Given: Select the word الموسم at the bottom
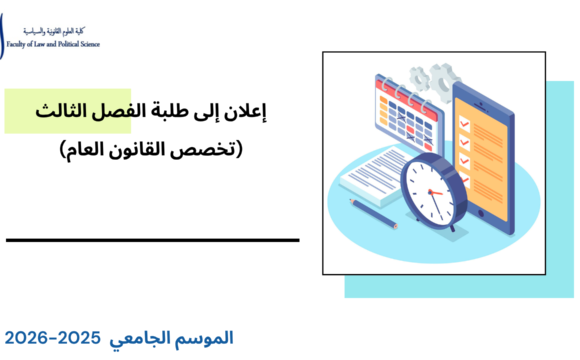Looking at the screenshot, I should coord(207,338).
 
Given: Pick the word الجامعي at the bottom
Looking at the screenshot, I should coord(149,338).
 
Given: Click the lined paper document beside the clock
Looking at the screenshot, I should coord(373,175).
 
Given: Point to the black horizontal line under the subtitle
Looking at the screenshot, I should coord(152,240).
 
